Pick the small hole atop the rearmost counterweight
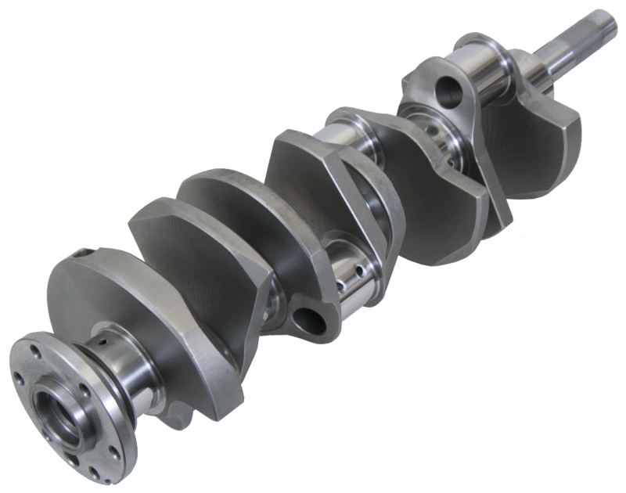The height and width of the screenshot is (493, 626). click(81, 253)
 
